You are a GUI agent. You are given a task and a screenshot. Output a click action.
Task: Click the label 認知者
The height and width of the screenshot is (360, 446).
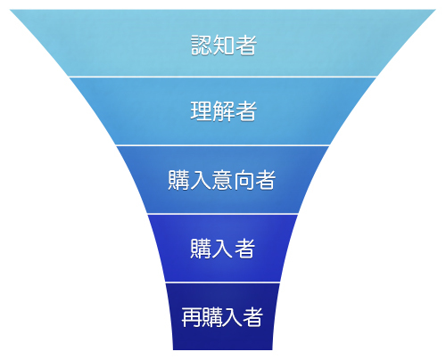[x=224, y=45]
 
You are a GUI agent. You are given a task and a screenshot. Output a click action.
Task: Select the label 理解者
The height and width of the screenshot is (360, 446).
[x=224, y=111]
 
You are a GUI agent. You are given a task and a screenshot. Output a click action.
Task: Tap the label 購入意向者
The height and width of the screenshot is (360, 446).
[x=222, y=180]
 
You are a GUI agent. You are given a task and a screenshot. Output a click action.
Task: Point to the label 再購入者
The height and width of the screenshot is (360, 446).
[x=222, y=317]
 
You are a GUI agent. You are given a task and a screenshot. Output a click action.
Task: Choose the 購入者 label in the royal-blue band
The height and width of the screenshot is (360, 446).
[x=223, y=248]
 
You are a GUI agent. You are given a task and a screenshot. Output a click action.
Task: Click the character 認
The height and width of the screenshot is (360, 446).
[x=202, y=45]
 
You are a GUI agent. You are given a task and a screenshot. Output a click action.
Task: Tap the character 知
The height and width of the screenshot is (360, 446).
[x=223, y=45]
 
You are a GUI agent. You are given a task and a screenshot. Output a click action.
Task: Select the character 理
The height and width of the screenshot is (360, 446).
[x=202, y=111]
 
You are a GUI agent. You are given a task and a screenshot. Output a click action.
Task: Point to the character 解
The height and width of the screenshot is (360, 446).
[x=223, y=111]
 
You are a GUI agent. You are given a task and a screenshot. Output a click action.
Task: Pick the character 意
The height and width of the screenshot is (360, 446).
[x=222, y=180]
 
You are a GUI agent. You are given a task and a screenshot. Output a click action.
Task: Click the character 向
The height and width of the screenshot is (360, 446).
[x=244, y=180]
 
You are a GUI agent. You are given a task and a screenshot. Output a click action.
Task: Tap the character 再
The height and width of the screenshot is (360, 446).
[x=191, y=317]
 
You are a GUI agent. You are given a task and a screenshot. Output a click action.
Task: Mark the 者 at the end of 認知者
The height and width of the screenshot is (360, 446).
[x=246, y=45]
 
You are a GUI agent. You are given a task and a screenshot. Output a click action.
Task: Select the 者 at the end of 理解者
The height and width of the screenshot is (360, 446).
[x=246, y=111]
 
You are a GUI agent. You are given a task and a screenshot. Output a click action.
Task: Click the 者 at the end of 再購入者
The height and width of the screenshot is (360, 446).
[x=252, y=317]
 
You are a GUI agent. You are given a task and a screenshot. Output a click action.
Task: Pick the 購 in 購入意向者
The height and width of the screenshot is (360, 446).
[x=178, y=180]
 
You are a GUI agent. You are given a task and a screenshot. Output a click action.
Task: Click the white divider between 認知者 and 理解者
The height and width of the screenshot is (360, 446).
[x=223, y=77]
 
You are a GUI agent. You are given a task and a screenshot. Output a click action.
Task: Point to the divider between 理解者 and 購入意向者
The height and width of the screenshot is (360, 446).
[x=223, y=145]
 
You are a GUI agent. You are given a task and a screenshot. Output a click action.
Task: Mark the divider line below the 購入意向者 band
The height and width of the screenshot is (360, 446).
[x=223, y=214]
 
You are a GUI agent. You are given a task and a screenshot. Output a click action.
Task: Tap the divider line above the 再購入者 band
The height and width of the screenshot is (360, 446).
[x=223, y=282]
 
